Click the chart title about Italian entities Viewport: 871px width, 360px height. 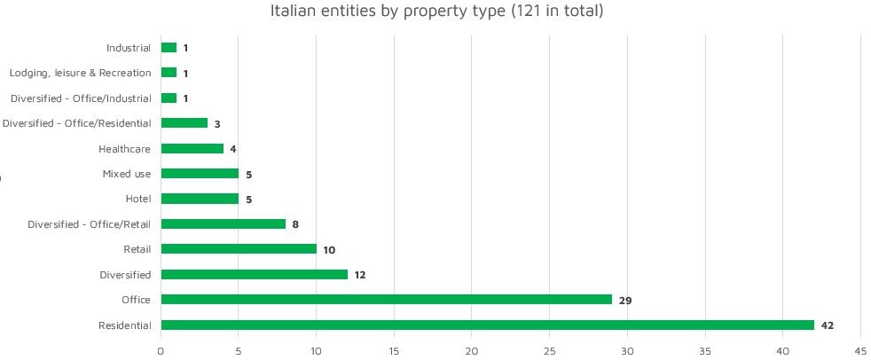click(436, 12)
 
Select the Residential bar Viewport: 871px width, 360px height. click(487, 325)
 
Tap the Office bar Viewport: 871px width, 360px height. click(386, 300)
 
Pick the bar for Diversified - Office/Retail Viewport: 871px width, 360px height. click(223, 224)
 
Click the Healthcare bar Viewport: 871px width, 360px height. click(192, 149)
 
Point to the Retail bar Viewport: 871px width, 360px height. click(239, 249)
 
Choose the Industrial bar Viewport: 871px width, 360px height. click(169, 48)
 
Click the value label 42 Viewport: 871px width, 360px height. click(828, 325)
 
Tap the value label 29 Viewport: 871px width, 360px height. click(624, 301)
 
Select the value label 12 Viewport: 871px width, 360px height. click(359, 275)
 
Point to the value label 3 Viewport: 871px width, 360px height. click(216, 124)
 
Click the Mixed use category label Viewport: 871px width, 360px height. click(127, 174)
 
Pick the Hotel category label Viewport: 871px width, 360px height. click(137, 199)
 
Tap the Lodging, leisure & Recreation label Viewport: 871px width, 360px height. click(80, 73)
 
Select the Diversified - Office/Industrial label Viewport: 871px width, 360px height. click(81, 98)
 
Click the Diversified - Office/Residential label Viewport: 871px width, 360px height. click(76, 123)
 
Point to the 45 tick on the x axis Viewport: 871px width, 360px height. click(859, 351)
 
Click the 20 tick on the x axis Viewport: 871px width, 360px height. click(472, 351)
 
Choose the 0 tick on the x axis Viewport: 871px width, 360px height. click(161, 351)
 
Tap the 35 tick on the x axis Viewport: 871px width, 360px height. click(704, 351)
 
